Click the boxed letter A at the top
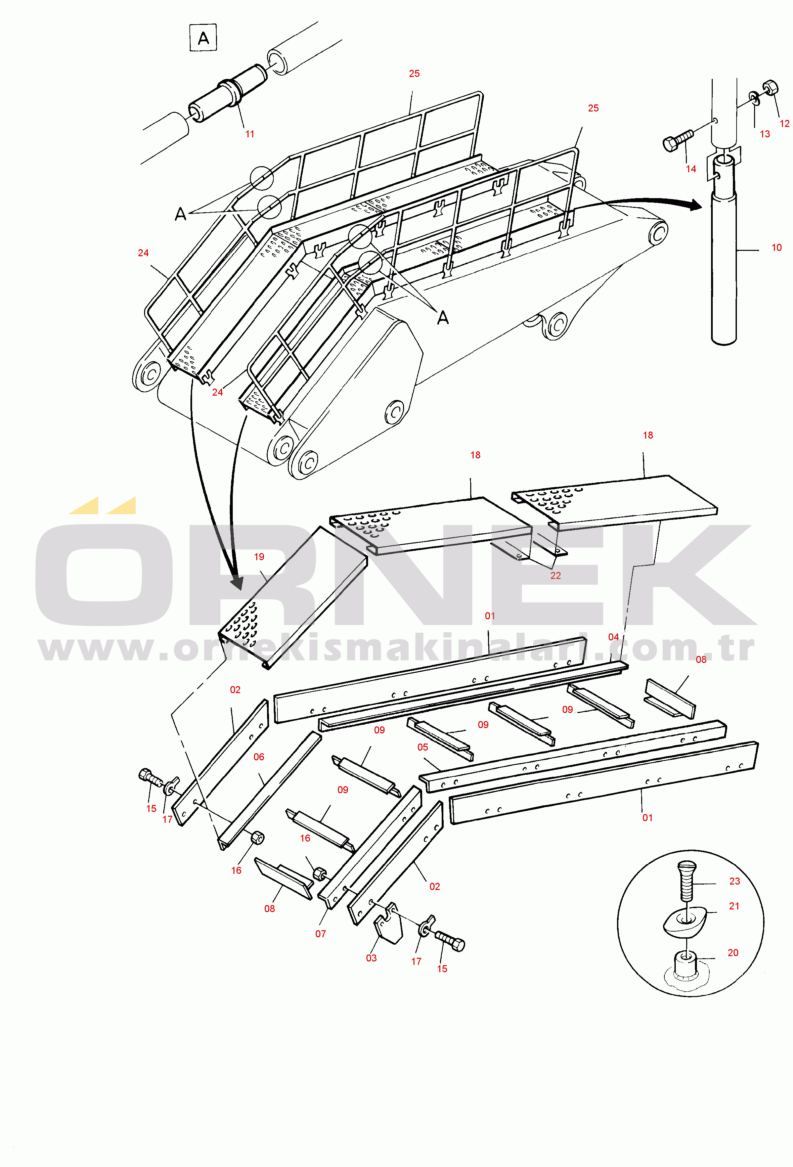pyautogui.click(x=203, y=38)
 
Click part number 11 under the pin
pyautogui.click(x=250, y=134)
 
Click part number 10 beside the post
pyautogui.click(x=777, y=248)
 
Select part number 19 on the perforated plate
pyautogui.click(x=259, y=556)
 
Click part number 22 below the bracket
pyautogui.click(x=556, y=576)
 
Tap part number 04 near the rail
pyautogui.click(x=613, y=637)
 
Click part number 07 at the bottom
pyautogui.click(x=320, y=934)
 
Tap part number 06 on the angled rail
pyautogui.click(x=259, y=757)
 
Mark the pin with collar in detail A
pyautogui.click(x=228, y=92)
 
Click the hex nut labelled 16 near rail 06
pyautogui.click(x=257, y=838)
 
